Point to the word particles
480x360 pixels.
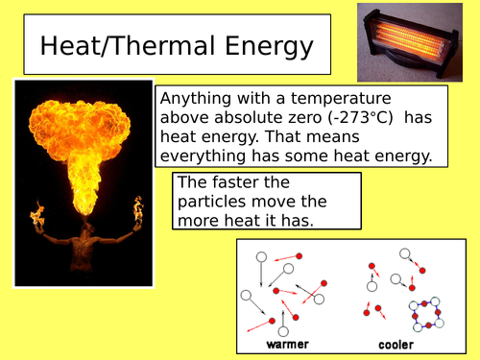pos(216,202)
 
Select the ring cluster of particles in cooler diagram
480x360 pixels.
pos(423,314)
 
